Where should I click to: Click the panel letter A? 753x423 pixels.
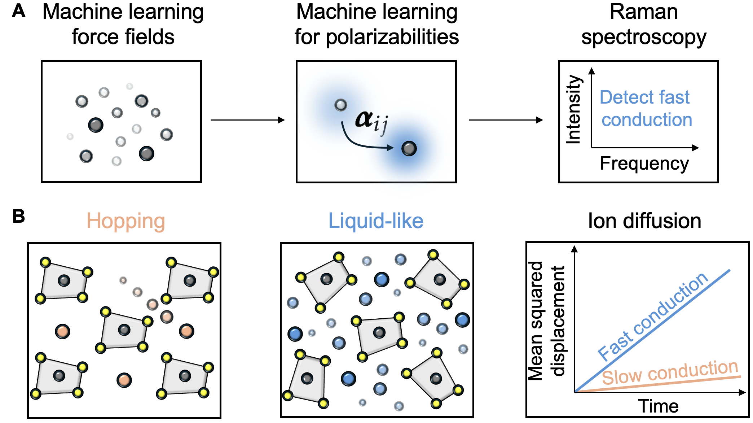19,11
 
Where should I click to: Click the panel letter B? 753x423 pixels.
19,217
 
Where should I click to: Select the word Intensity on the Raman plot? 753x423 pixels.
574,109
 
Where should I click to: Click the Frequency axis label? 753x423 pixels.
644,163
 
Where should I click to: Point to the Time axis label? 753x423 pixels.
659,406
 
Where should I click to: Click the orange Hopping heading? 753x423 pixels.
126,221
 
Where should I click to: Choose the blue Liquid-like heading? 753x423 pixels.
376,221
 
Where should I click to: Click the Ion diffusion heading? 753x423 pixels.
644,221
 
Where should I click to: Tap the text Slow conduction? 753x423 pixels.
670,373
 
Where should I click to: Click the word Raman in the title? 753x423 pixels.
644,12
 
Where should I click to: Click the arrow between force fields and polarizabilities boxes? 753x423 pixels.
248,120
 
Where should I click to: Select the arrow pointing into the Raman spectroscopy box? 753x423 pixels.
506,120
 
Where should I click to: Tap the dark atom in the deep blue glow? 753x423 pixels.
409,148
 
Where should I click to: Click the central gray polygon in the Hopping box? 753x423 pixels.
124,330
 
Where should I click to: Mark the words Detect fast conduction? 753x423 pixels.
646,108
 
